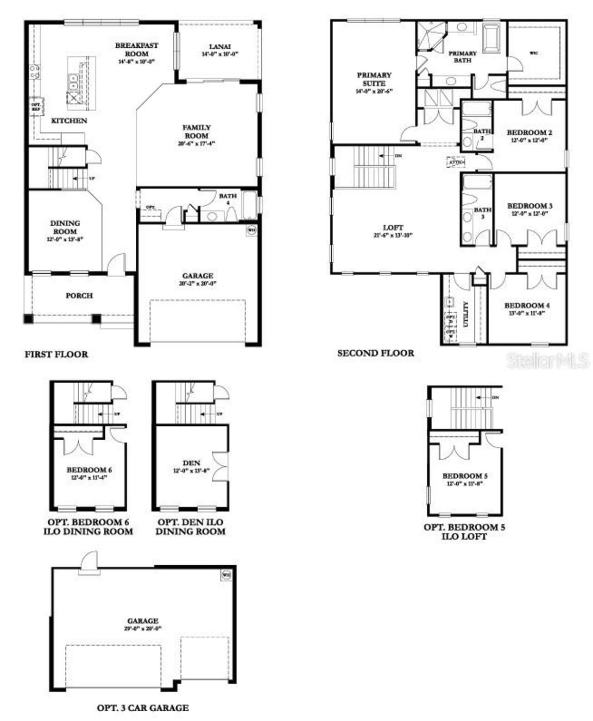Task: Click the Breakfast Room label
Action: [136, 50]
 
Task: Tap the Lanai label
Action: [220, 47]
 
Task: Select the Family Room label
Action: [196, 132]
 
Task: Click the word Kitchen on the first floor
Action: [69, 120]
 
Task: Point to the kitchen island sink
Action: [73, 82]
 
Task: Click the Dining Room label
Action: [65, 227]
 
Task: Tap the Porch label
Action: [79, 295]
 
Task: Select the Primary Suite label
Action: [374, 79]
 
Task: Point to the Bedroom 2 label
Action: [529, 133]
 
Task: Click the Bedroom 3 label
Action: [530, 206]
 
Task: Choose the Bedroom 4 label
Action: [527, 305]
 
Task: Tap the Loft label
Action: [393, 228]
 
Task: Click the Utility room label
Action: [466, 314]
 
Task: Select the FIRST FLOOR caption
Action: [56, 354]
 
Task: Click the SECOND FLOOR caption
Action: [376, 353]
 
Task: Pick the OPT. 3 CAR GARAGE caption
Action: [143, 708]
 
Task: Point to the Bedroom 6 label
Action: [89, 470]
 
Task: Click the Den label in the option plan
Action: [191, 463]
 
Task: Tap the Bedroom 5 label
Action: [465, 476]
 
